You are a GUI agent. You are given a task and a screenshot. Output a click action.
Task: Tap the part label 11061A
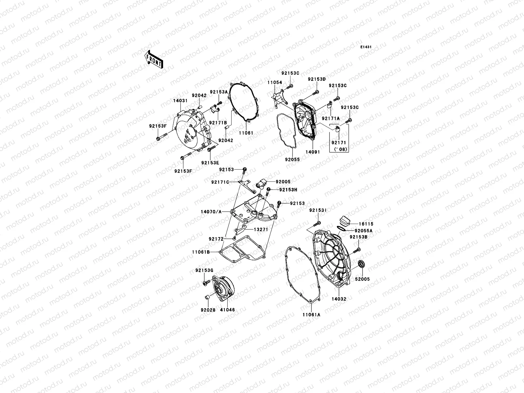pyautogui.click(x=311, y=314)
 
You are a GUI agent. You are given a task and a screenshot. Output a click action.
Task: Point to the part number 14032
pyautogui.click(x=339, y=299)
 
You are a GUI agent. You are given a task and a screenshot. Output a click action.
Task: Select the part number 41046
pyautogui.click(x=227, y=309)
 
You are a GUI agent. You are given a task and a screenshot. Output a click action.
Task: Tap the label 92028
pyautogui.click(x=208, y=309)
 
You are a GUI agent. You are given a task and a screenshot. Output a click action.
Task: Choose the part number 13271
pyautogui.click(x=261, y=230)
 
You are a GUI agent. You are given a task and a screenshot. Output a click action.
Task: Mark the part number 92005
pyautogui.click(x=283, y=182)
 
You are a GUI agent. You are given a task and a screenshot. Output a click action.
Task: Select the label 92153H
pyautogui.click(x=289, y=190)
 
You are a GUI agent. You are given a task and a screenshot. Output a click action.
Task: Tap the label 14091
pyautogui.click(x=313, y=152)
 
